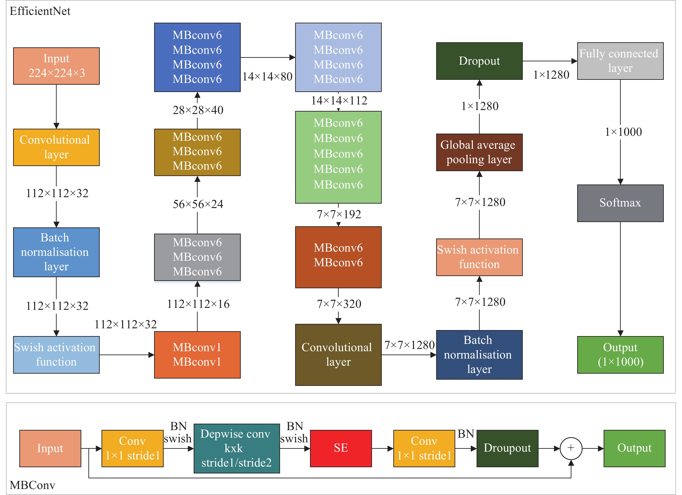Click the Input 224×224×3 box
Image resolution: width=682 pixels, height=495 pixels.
pos(56,66)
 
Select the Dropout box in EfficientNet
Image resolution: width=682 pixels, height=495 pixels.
pos(479,61)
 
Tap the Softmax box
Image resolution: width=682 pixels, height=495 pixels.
pos(620,203)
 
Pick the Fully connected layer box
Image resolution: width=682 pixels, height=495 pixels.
pos(620,61)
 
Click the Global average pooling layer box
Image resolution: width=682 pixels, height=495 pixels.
pos(479,152)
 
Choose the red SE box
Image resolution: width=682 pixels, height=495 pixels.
pos(341,448)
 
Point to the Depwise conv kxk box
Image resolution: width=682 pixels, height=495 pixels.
pos(237,448)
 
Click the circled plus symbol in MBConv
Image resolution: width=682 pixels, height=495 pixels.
pos(571,448)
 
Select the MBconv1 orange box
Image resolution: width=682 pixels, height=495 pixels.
pos(197,355)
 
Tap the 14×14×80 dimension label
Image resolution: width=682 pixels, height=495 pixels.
pos(267,77)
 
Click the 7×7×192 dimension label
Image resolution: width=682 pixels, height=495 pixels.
pos(339,214)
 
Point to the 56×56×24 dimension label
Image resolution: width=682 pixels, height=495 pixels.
pos(198,204)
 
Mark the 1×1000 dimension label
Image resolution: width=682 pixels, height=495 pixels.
pos(623,132)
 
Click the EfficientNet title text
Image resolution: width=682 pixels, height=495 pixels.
pos(40,11)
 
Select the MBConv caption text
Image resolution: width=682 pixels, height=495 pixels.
pos(32,485)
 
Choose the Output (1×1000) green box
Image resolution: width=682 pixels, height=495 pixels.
pos(620,355)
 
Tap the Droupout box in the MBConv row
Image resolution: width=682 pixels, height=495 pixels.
pos(507,448)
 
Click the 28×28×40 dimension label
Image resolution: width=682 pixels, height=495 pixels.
pos(198,110)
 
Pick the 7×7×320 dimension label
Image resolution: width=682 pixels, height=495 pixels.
pos(339,304)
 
